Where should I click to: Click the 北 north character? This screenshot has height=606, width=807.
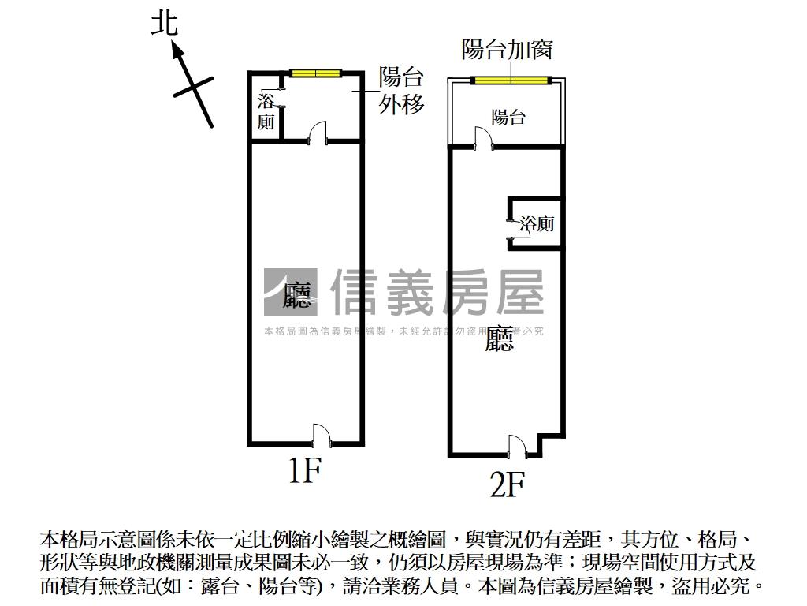point(165,24)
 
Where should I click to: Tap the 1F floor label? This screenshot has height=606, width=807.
point(304,471)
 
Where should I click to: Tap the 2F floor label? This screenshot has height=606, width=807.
point(507,484)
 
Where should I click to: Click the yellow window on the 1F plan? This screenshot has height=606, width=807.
point(314,73)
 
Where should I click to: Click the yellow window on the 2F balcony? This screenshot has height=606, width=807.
point(510,80)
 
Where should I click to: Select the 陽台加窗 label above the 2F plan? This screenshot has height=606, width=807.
point(507,50)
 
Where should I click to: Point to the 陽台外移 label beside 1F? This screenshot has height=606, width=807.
point(401,91)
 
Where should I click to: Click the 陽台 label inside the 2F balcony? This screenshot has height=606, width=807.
point(508,118)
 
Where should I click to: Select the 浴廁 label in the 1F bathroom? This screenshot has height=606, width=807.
point(266,111)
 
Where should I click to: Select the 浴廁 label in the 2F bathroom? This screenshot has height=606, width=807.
point(537,224)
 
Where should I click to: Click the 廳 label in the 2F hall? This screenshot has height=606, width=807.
point(500,339)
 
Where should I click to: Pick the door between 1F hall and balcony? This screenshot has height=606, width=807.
point(317,133)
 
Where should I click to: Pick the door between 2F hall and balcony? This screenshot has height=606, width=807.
point(482,139)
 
